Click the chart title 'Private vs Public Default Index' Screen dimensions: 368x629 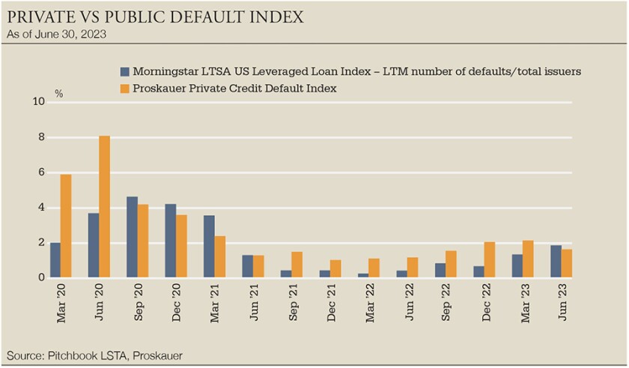[x=155, y=16]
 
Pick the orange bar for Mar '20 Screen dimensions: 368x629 [x=66, y=226]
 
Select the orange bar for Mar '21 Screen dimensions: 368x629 [x=220, y=256]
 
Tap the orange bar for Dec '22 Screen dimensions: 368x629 [x=490, y=259]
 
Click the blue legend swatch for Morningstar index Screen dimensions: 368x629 [x=125, y=72]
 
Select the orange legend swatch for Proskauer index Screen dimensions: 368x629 [x=125, y=88]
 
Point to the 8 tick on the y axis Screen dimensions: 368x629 [x=41, y=138]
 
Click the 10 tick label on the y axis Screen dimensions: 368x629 [x=39, y=103]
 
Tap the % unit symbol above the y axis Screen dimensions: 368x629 [x=59, y=94]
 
